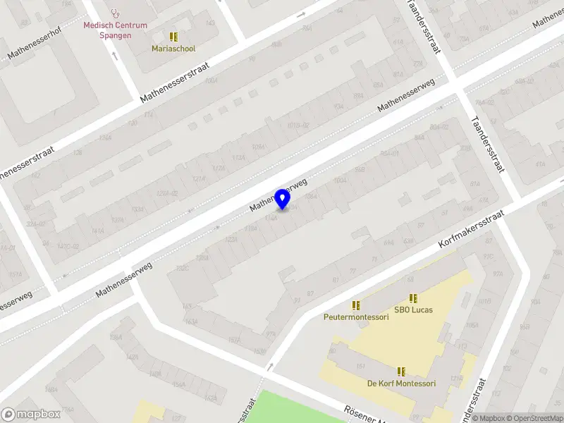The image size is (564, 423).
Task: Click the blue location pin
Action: click(283, 199)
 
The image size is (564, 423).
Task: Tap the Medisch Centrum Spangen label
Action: click(116, 30)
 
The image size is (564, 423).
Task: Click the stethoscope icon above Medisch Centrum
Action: click(116, 13)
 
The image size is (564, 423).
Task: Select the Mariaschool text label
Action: click(173, 49)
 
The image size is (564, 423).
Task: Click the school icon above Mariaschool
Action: click(173, 37)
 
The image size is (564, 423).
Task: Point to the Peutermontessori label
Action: click(356, 317)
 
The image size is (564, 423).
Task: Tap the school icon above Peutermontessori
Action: click(356, 305)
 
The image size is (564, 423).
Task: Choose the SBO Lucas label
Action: click(413, 309)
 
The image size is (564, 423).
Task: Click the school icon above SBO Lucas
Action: click(413, 298)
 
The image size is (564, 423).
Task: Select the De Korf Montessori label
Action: click(401, 384)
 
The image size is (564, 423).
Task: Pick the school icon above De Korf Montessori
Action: click(401, 371)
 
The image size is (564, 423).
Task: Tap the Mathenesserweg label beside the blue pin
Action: click(279, 195)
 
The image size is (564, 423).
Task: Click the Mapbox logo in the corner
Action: click(30, 415)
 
